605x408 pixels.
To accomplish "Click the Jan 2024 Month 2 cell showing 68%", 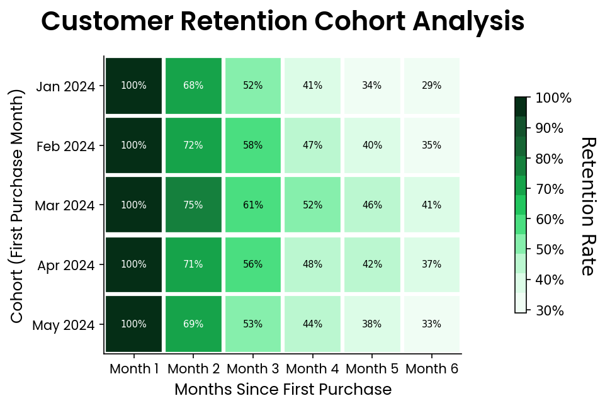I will [x=193, y=86].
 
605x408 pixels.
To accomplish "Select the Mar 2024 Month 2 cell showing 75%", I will [x=193, y=205].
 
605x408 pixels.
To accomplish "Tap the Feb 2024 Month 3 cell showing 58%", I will [x=252, y=145].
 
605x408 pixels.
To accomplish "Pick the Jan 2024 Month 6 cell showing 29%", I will [x=432, y=86].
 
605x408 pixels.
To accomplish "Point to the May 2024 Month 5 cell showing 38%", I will [x=372, y=324].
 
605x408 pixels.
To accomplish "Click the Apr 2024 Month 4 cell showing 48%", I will [x=312, y=264].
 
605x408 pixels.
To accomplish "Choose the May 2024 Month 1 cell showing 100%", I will [x=133, y=324].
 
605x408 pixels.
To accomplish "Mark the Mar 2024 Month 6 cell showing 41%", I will [x=432, y=205].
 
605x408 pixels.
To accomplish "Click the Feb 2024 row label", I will [x=66, y=146].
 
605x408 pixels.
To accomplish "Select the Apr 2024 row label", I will [x=66, y=265].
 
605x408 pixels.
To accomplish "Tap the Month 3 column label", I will [x=252, y=369].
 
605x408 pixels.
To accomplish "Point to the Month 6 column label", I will [x=432, y=369].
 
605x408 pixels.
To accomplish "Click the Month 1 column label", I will [x=133, y=369].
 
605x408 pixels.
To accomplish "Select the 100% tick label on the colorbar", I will [x=553, y=98].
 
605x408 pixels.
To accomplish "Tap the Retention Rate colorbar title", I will [x=587, y=206].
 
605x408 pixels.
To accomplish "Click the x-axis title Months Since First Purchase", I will [x=283, y=390].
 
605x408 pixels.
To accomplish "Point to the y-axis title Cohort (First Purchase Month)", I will [x=18, y=206].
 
